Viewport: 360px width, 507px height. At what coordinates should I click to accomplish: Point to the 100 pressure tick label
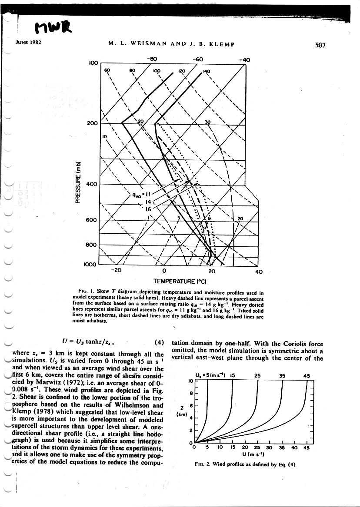pos(92,63)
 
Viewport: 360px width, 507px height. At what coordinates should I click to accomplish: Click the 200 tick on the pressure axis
pos(92,123)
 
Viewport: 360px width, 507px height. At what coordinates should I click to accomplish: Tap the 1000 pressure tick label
pos(90,264)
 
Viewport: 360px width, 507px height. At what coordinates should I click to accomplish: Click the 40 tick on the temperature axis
pos(259,272)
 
